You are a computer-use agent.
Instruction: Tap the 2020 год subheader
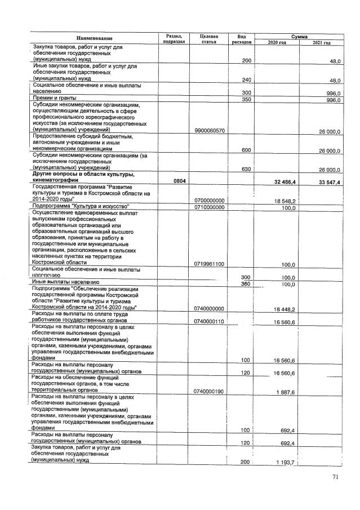pos(277,43)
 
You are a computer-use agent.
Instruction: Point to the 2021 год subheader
pos(321,43)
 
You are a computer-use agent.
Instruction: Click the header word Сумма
pos(299,36)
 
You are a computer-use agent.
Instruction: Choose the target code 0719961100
pos(209,264)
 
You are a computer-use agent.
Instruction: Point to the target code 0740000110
pos(209,321)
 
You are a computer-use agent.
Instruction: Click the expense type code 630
pos(246,170)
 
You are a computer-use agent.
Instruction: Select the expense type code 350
pos(246,100)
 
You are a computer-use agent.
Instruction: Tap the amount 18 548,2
pos(286,201)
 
